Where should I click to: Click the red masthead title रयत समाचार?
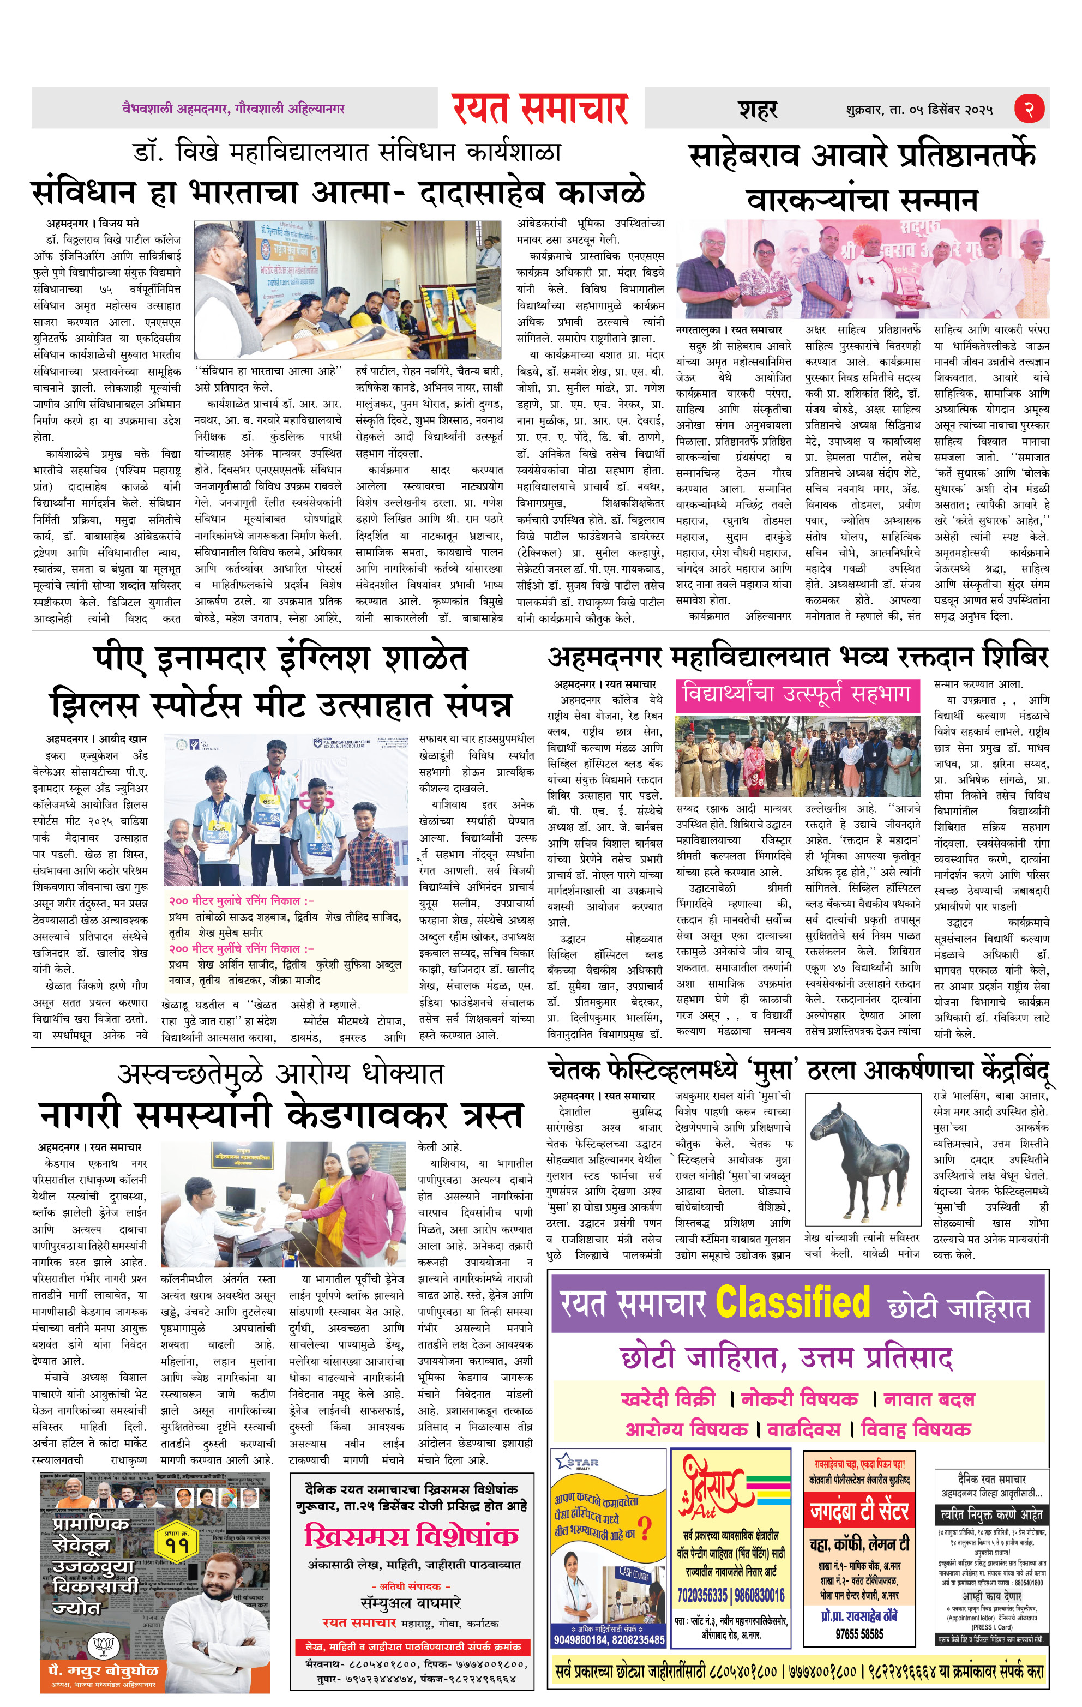point(540,109)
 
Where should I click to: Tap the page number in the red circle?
point(1028,109)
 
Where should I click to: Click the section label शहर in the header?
point(758,110)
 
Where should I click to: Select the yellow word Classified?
point(792,1302)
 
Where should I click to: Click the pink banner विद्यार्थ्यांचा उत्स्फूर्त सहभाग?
point(796,694)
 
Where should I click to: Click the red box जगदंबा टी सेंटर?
point(859,1512)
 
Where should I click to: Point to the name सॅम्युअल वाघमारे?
point(411,1603)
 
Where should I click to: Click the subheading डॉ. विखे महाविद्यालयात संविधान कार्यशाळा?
point(347,152)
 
